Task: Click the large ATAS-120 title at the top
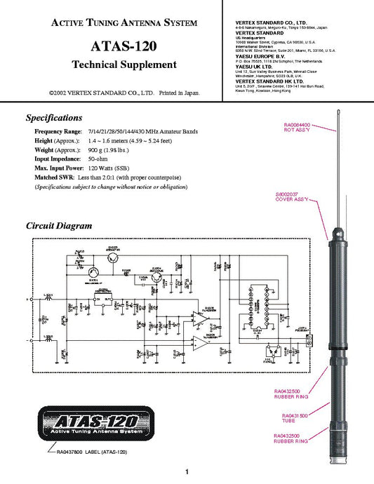pyautogui.click(x=123, y=47)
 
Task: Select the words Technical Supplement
pyautogui.click(x=123, y=65)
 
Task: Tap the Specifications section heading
pyautogui.click(x=54, y=117)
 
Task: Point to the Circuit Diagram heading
pyautogui.click(x=59, y=226)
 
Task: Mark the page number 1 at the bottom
pyautogui.click(x=187, y=472)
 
